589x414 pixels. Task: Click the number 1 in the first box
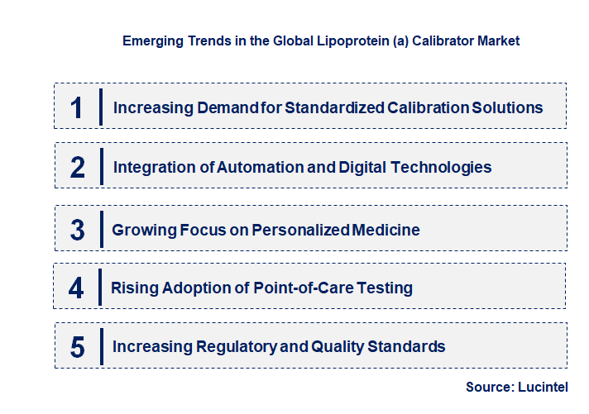point(77,107)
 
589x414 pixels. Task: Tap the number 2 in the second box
point(77,168)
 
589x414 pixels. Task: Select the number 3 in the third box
point(77,230)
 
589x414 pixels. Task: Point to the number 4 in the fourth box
point(76,288)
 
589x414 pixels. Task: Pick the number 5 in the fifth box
point(77,347)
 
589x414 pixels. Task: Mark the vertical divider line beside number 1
point(100,107)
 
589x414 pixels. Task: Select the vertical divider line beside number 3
point(100,229)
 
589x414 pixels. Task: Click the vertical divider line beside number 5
point(100,346)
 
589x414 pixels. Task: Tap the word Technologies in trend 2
point(438,167)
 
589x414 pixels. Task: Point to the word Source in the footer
point(487,387)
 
